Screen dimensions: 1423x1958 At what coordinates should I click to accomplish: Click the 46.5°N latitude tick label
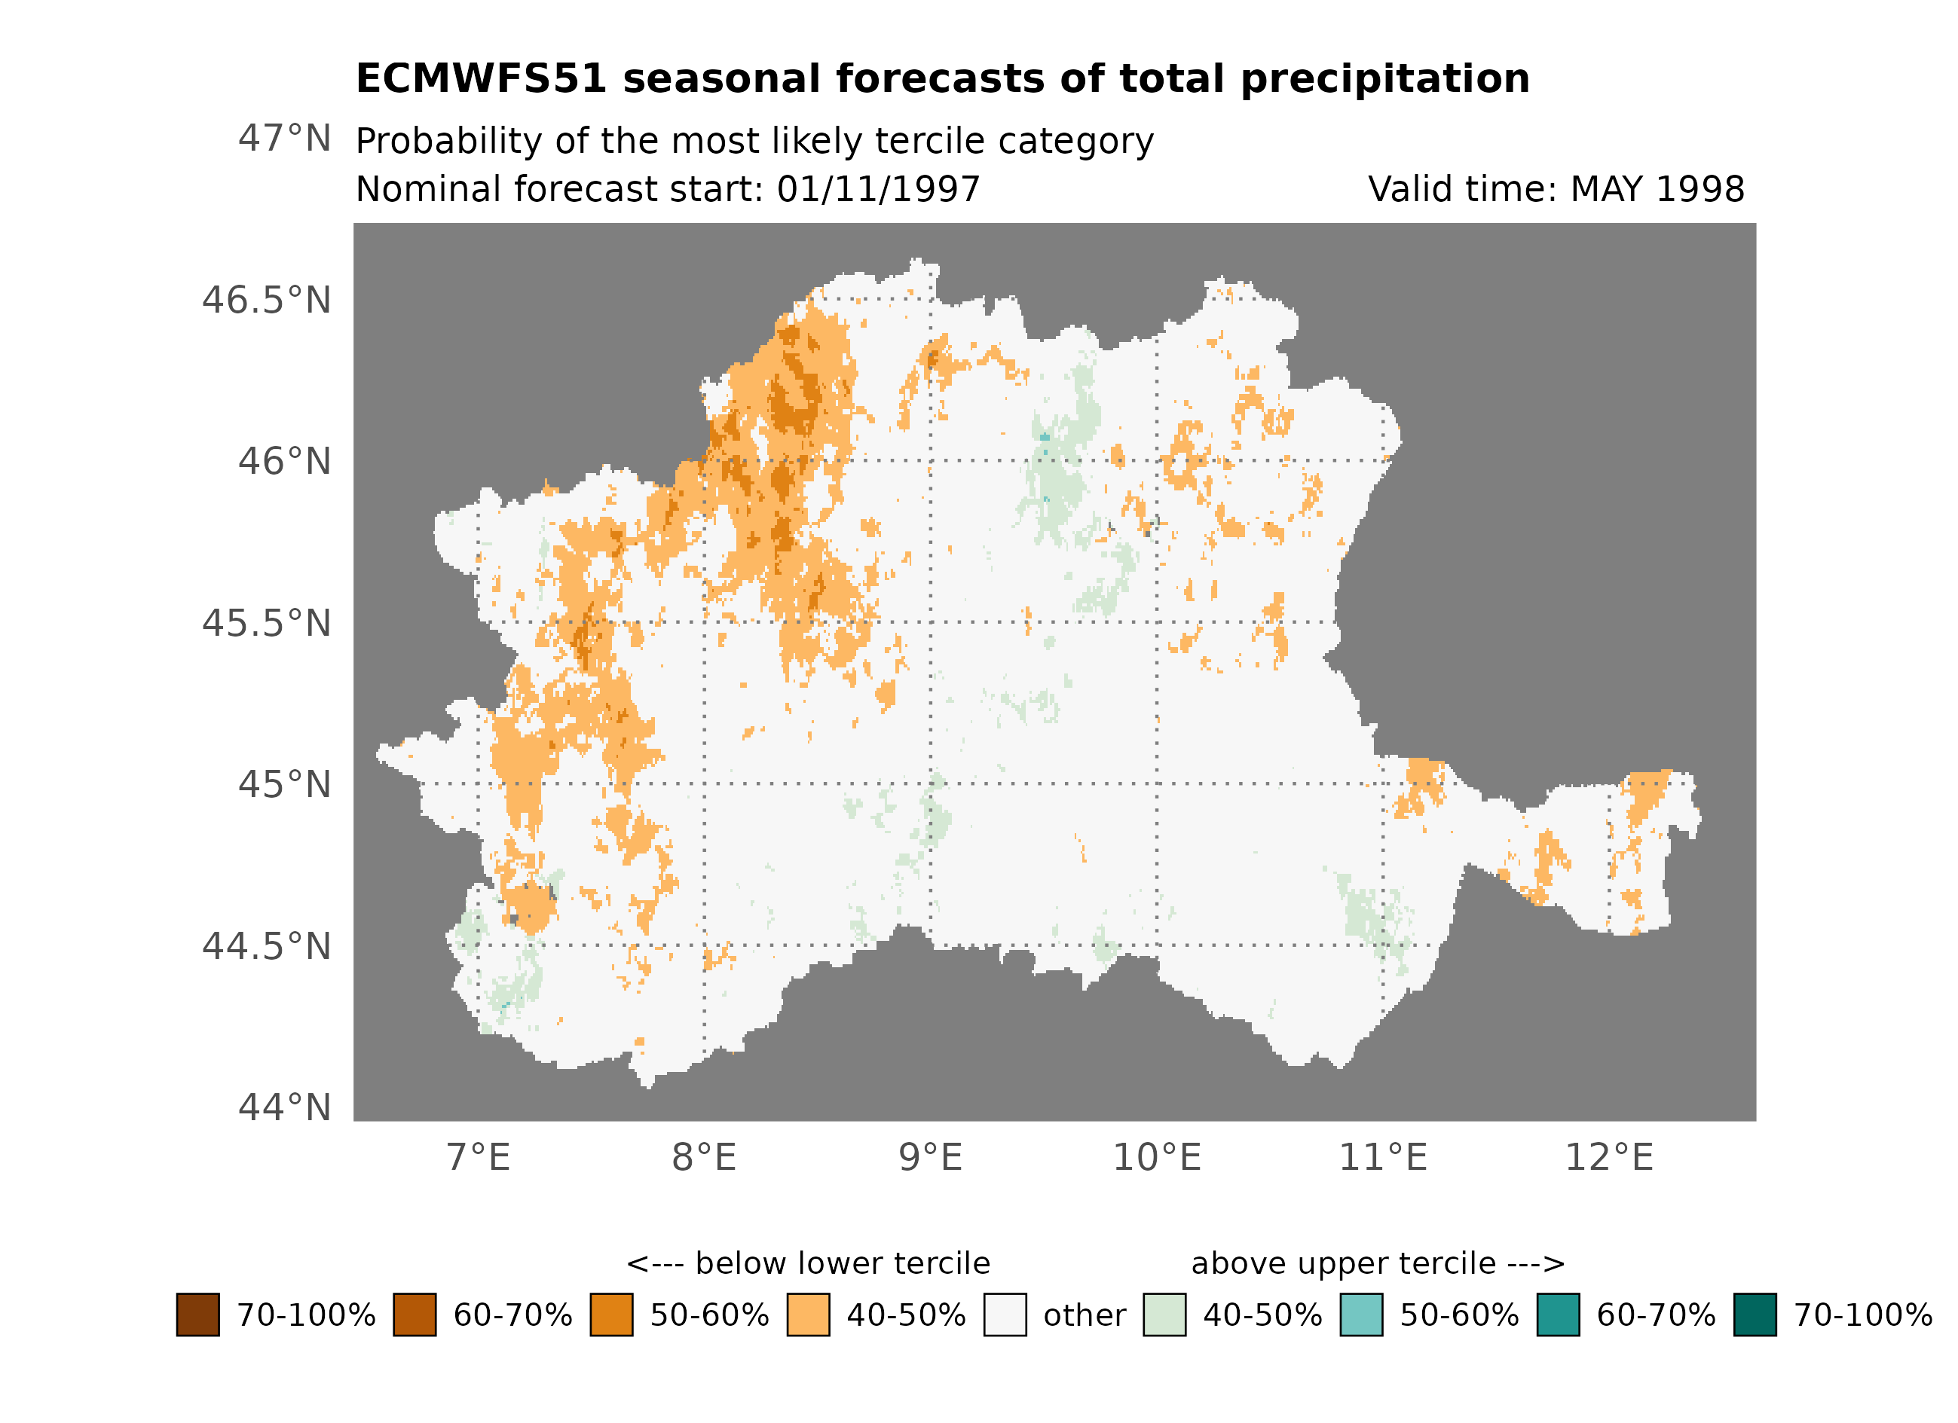(266, 301)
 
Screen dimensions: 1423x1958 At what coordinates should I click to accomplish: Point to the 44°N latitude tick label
(284, 1108)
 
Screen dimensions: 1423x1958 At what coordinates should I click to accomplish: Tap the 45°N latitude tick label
(284, 785)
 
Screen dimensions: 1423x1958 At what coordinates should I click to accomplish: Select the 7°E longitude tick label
(479, 1158)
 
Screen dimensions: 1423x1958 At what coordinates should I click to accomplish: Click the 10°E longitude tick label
(1157, 1158)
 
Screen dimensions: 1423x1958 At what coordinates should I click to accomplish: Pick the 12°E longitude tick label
(1609, 1158)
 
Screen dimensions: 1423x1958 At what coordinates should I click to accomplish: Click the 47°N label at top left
(284, 139)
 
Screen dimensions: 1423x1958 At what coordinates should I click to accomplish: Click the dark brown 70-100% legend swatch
(197, 1315)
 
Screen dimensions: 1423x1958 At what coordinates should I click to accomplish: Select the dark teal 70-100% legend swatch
(1755, 1315)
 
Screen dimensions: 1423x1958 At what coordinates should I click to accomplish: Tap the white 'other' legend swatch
(1005, 1315)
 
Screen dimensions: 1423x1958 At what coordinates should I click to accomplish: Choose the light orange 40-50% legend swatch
(808, 1315)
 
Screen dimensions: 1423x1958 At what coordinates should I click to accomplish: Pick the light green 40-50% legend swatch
(1164, 1315)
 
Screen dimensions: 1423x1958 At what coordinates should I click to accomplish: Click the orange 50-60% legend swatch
(611, 1315)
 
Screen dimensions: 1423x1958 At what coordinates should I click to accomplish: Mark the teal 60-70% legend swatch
(1559, 1315)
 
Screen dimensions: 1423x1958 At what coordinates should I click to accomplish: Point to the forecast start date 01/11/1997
(878, 190)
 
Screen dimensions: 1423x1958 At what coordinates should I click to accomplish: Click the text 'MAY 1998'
(1657, 190)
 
